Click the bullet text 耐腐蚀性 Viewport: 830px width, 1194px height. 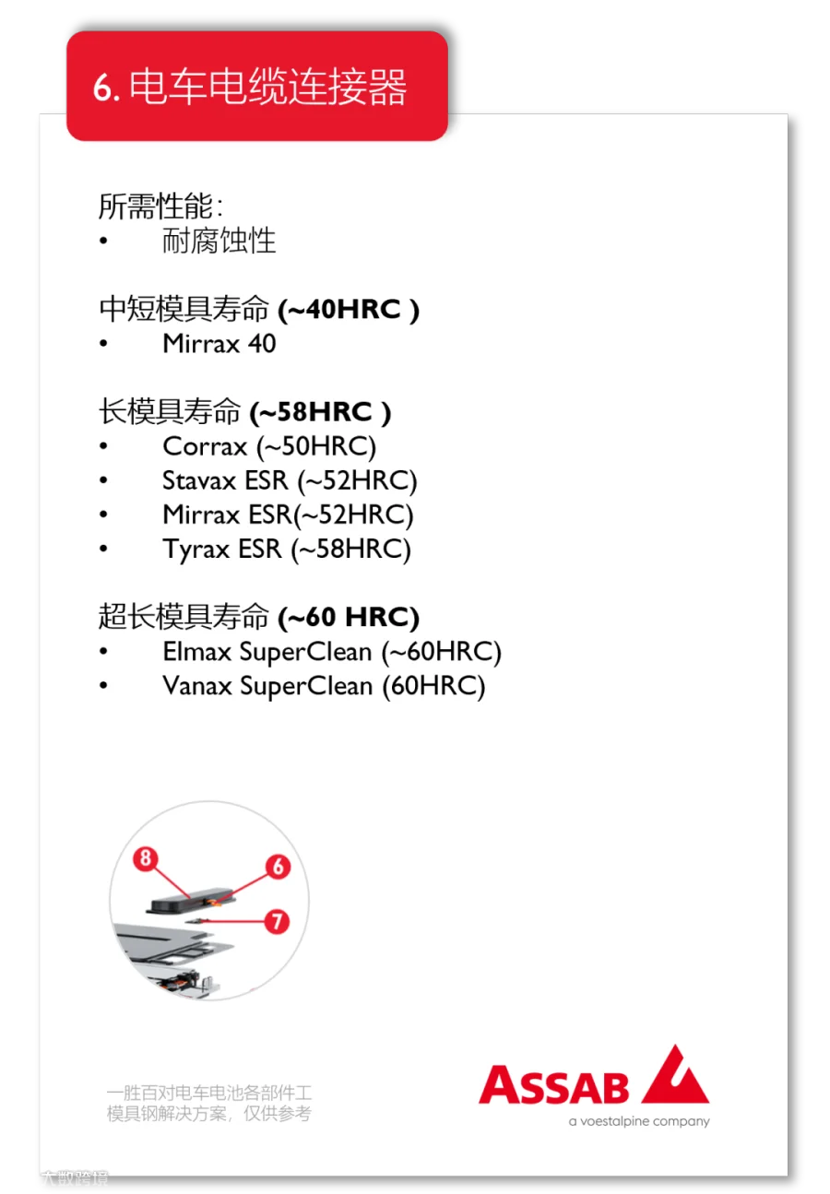[219, 242]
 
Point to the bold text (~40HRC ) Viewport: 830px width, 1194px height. [349, 310]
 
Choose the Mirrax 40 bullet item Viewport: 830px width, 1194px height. [219, 344]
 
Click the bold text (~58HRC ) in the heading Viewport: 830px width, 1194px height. [320, 412]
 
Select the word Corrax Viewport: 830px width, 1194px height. [205, 446]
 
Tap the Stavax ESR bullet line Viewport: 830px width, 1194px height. [290, 480]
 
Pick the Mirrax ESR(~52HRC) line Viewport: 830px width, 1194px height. [288, 514]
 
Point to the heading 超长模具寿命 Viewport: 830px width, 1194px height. [184, 616]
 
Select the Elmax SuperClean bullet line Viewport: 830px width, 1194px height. [331, 652]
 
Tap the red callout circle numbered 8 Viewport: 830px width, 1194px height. [144, 859]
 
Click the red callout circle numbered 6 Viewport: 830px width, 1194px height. [278, 867]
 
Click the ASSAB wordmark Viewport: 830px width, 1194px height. [553, 1086]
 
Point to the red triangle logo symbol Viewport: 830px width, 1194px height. [677, 1077]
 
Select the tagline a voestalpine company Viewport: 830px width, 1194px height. [639, 1122]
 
